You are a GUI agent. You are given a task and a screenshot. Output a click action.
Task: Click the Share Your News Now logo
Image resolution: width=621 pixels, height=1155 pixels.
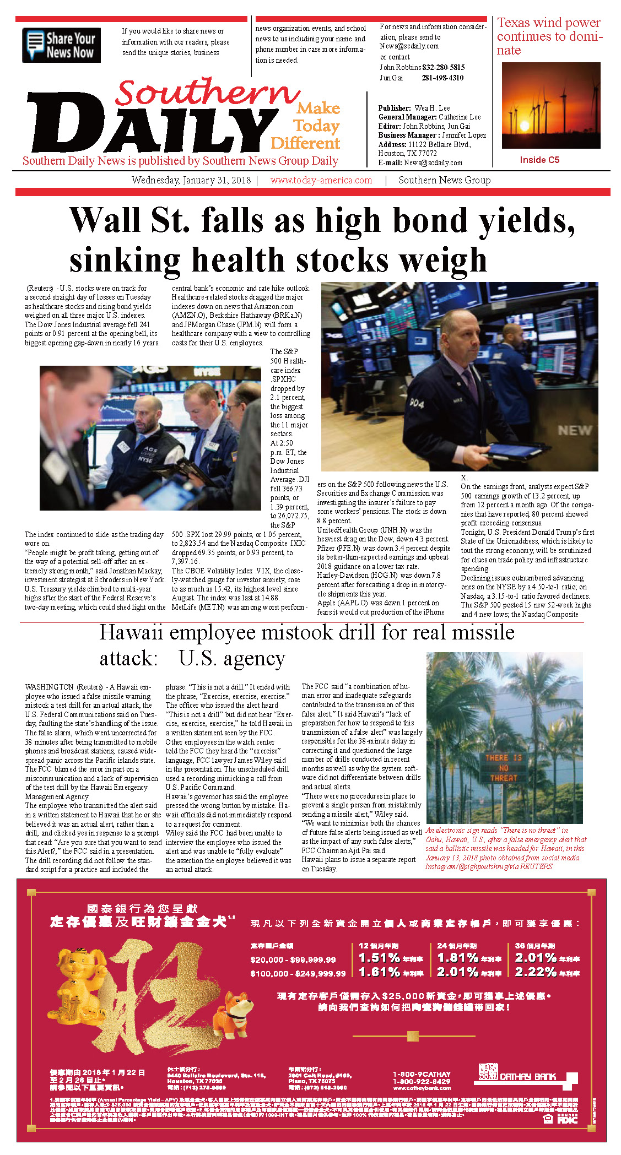[62, 45]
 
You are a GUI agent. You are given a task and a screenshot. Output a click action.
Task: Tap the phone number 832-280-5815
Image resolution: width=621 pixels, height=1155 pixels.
[444, 67]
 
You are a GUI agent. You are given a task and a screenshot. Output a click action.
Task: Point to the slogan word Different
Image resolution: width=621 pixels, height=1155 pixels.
[305, 144]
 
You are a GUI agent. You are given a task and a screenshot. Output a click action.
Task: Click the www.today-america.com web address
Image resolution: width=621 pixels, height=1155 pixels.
[321, 181]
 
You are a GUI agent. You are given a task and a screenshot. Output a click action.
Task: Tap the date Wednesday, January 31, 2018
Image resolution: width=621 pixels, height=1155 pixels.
[191, 181]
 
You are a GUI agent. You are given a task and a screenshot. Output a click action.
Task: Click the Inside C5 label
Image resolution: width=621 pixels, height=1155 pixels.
[539, 160]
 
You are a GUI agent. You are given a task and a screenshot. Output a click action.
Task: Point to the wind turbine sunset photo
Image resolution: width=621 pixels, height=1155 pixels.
[551, 105]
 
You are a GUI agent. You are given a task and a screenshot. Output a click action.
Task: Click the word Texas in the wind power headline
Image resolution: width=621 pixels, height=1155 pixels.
[514, 23]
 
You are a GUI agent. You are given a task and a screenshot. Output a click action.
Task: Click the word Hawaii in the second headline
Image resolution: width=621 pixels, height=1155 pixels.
[131, 633]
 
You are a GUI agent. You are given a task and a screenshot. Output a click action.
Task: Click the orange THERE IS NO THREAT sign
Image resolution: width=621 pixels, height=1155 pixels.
[504, 768]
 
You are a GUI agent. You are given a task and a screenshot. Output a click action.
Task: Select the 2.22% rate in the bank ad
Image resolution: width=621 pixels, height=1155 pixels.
[536, 972]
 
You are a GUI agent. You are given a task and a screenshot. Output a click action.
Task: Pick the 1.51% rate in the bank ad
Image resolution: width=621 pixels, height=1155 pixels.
[379, 958]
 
